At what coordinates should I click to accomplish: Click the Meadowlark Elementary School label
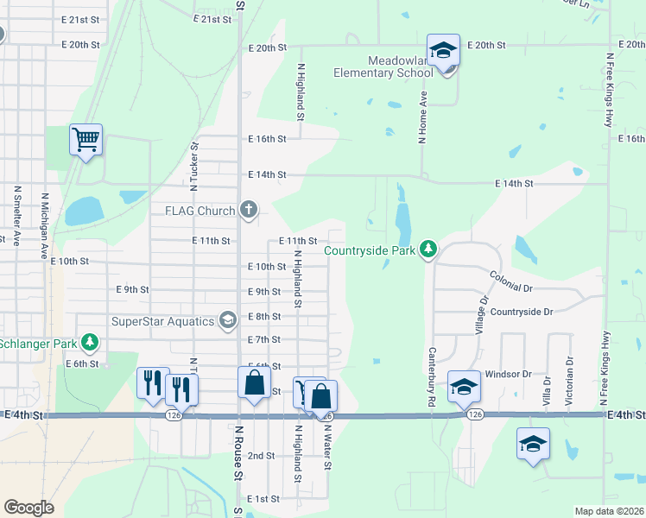pyautogui.click(x=383, y=66)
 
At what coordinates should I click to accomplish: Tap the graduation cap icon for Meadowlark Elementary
pyautogui.click(x=443, y=52)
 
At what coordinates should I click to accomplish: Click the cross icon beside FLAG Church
pyautogui.click(x=249, y=210)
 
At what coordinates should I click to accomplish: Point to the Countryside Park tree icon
pyautogui.click(x=427, y=250)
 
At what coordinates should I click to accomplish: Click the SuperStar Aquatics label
pyautogui.click(x=163, y=321)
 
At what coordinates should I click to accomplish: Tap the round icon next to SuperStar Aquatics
pyautogui.click(x=228, y=321)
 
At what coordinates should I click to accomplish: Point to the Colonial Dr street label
pyautogui.click(x=512, y=281)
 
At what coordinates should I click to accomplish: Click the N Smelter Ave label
pyautogui.click(x=16, y=215)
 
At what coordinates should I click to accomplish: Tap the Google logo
pyautogui.click(x=29, y=508)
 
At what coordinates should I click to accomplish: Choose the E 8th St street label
pyautogui.click(x=264, y=317)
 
